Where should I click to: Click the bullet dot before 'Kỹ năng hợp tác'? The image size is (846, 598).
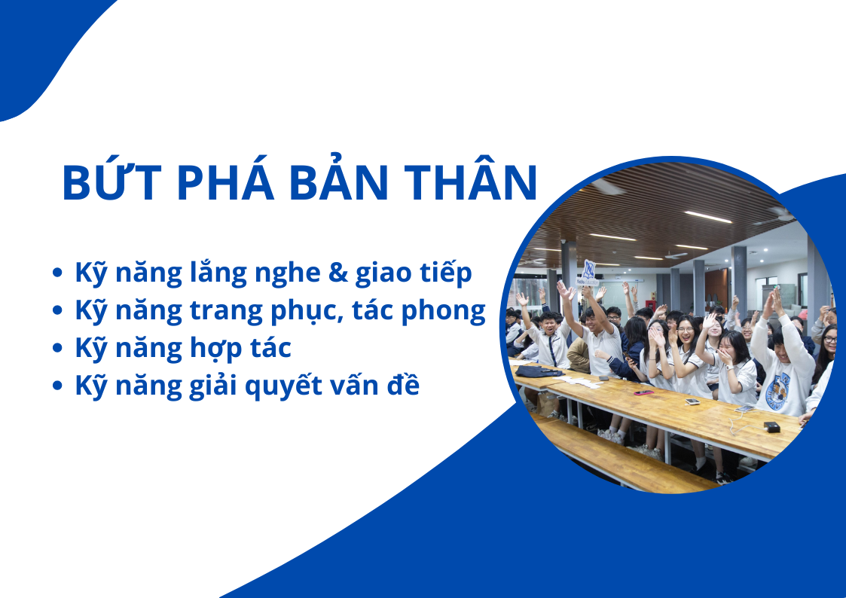click(57, 349)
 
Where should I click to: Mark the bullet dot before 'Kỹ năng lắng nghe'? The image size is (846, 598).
click(57, 273)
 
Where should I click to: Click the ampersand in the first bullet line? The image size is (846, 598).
click(337, 273)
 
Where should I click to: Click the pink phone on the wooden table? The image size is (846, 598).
click(643, 392)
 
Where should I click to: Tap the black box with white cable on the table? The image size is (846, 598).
click(772, 427)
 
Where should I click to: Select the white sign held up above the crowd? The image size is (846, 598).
click(588, 273)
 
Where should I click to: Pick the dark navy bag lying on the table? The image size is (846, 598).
click(539, 371)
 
